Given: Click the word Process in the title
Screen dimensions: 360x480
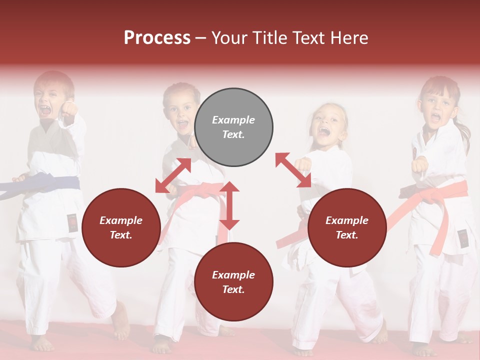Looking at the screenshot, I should pos(157,38).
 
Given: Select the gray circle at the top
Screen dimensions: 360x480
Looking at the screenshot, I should pos(233,127).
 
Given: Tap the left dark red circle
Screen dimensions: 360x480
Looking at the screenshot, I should pos(121,227).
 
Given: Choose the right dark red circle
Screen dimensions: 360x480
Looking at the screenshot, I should pos(347,227).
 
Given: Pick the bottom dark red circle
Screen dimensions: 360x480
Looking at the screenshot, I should pos(233,282).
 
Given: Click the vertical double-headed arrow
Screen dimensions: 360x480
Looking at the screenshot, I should pos(229,205).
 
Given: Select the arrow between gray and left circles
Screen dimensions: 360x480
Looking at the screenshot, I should pos(173,175).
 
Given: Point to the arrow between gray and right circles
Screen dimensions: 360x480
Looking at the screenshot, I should pos(293,170).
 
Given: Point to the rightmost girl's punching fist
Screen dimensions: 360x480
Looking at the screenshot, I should pos(420,164).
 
